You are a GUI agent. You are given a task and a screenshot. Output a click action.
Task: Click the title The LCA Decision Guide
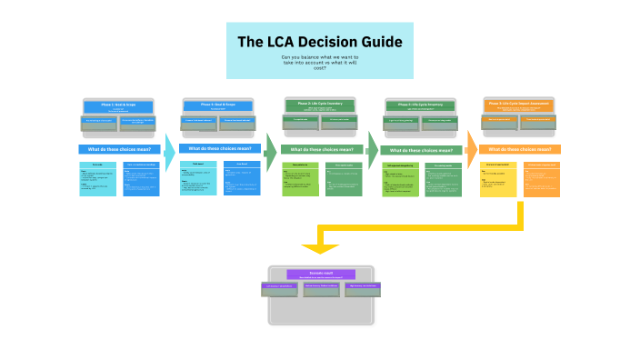(319, 42)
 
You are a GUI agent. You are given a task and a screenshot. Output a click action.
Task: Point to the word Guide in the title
(382, 42)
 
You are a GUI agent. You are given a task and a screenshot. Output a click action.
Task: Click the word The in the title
(250, 42)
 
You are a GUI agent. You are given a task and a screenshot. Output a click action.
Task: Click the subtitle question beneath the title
(319, 62)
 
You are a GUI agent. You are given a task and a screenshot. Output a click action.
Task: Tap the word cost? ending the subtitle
(319, 68)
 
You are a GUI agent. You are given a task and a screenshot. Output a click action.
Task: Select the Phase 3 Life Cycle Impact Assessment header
(520, 105)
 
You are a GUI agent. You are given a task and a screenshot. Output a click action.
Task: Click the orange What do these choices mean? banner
(520, 149)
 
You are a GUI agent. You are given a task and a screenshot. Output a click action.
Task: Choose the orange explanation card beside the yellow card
(542, 179)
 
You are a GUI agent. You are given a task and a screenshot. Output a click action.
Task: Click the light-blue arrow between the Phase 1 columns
(169, 150)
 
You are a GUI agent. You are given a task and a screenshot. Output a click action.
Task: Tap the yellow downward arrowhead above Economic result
(320, 247)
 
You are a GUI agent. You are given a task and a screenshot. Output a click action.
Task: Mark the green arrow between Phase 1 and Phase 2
(270, 151)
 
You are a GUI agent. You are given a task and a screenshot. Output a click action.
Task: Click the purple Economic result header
(321, 274)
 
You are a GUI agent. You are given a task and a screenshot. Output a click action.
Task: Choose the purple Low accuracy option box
(279, 287)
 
